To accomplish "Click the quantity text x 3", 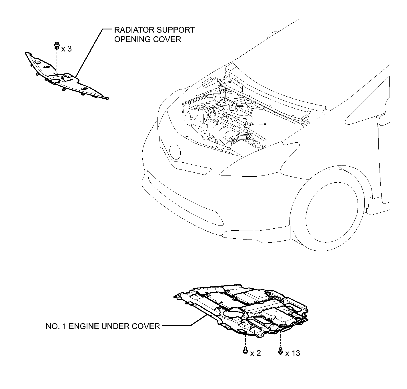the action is (x=67, y=49).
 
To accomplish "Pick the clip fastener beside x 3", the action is (x=57, y=45).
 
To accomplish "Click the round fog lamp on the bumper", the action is (x=175, y=151).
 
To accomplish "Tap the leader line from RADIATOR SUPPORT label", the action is (x=89, y=52).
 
